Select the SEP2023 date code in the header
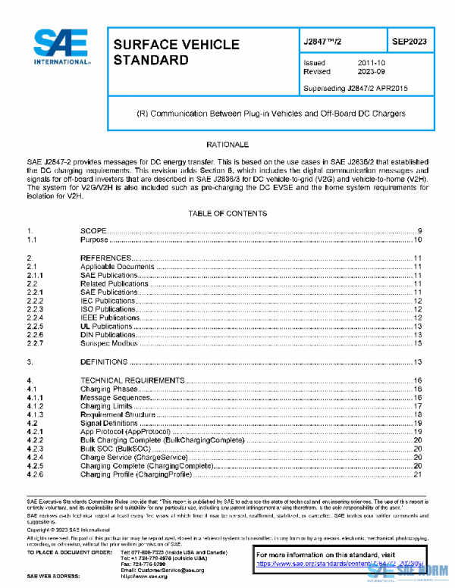[409, 42]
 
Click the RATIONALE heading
[227, 144]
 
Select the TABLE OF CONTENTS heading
[227, 214]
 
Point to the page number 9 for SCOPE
[419, 230]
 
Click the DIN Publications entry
[108, 334]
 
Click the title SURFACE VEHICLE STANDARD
[176, 52]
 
